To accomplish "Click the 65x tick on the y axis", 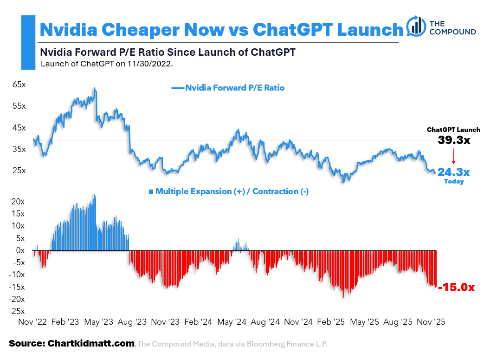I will (19, 85).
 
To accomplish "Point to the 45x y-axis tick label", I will (19, 127).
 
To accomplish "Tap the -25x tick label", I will (18, 311).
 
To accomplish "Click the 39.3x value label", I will (453, 140).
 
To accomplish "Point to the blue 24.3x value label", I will (453, 172).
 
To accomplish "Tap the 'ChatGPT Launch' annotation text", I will (453, 130).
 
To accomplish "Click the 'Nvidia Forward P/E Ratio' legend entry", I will (234, 87).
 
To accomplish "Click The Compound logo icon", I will (416, 26).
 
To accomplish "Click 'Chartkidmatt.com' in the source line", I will (91, 344).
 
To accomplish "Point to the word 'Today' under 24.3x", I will (453, 182).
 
